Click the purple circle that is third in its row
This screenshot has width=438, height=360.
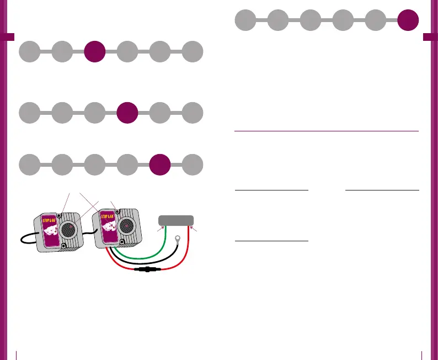[x=94, y=52]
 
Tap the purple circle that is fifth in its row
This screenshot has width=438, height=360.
[x=160, y=165]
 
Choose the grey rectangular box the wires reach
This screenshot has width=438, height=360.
[x=176, y=220]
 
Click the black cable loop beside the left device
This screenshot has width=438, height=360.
[x=24, y=240]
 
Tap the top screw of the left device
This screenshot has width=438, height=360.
[x=60, y=216]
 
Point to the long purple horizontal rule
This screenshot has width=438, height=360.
[x=327, y=131]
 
